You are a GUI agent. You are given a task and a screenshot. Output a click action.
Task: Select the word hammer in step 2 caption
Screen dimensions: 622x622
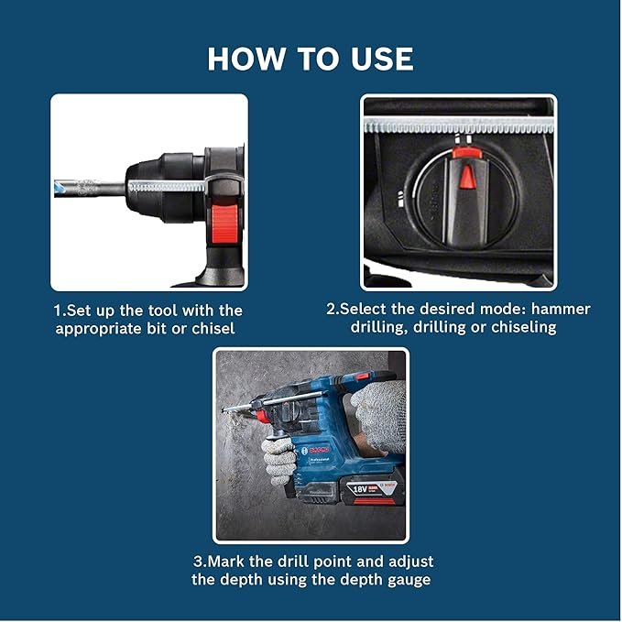[562, 310]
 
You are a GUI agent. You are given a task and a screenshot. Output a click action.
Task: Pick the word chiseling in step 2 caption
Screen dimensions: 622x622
[522, 328]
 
